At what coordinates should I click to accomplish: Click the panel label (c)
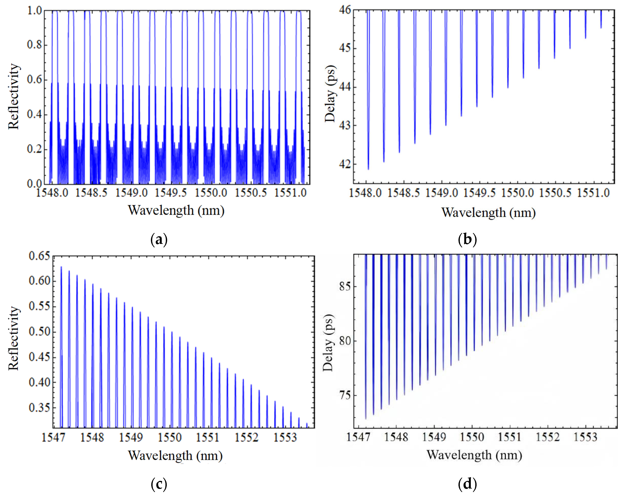(159, 484)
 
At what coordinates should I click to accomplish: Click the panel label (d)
(467, 484)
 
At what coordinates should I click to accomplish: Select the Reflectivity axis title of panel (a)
(14, 97)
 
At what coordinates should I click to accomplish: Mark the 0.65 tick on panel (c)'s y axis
(40, 256)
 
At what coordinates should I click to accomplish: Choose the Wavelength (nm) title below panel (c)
(175, 455)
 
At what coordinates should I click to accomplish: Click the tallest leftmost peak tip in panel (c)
(61, 267)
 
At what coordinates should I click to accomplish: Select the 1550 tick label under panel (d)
(472, 437)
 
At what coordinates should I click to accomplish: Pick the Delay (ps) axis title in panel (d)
(328, 343)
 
